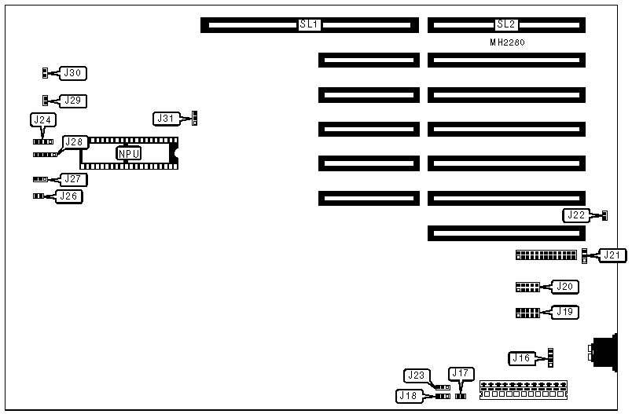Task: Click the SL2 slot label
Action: [x=506, y=25]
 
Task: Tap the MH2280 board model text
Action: [x=506, y=43]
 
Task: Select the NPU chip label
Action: [x=129, y=153]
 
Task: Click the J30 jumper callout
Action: [x=73, y=73]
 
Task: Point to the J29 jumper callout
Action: [x=73, y=101]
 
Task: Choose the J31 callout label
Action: [x=166, y=119]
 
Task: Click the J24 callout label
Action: [x=43, y=120]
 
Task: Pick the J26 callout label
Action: [x=68, y=196]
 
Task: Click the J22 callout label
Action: [x=576, y=215]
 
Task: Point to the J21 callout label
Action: [x=612, y=255]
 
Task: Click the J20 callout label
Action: [x=565, y=287]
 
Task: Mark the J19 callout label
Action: [x=565, y=312]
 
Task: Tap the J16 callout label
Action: [x=521, y=358]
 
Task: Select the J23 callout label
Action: [x=416, y=376]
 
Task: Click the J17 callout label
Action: [x=460, y=373]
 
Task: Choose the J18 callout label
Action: [x=410, y=396]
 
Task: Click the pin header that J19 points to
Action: [x=527, y=313]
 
